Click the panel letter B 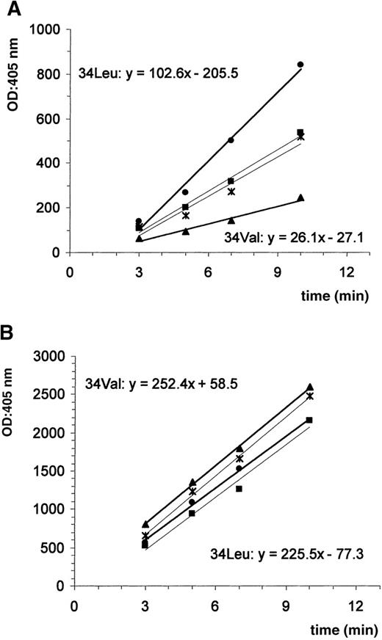tap(10, 332)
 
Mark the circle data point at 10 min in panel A tap(300, 65)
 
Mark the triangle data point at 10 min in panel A tap(300, 197)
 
